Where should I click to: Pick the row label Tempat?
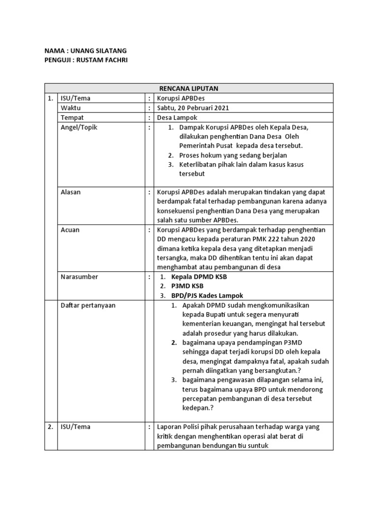tap(72, 117)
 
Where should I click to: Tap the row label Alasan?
tap(71, 192)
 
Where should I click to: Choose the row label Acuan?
tap(70, 230)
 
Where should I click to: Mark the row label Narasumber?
tap(79, 277)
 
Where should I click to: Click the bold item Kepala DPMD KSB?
tap(199, 277)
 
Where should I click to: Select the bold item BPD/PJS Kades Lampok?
tap(207, 295)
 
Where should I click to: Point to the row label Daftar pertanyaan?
tap(88, 305)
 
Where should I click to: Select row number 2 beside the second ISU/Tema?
tap(50, 427)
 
